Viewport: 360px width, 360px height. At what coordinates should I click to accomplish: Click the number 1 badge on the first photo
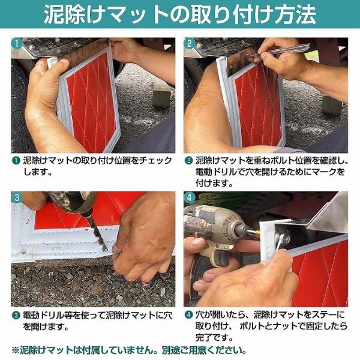(x=17, y=43)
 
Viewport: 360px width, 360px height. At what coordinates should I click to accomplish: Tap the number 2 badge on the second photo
(x=190, y=43)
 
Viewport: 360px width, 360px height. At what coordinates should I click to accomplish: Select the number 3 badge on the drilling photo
(x=17, y=197)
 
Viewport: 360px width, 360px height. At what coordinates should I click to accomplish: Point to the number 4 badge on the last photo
(x=190, y=197)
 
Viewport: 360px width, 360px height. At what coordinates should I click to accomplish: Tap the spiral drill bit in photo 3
(x=98, y=232)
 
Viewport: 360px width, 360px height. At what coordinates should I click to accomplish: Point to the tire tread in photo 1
(x=18, y=108)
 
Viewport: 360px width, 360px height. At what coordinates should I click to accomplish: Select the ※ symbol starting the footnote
(x=16, y=350)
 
